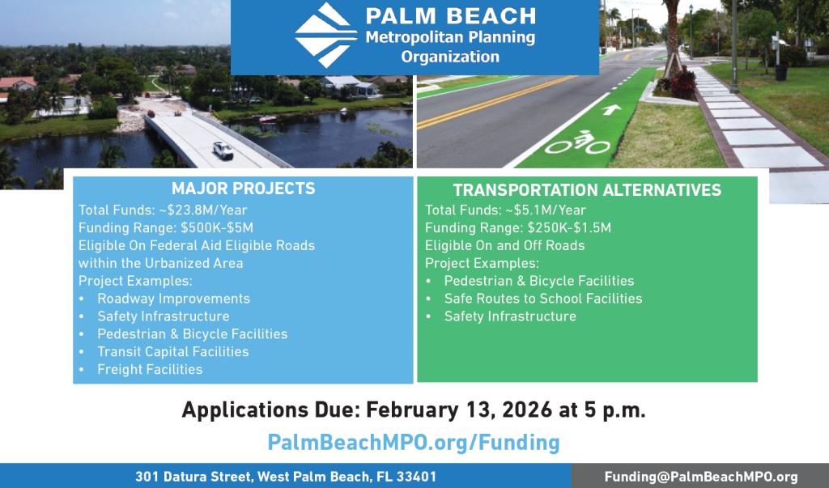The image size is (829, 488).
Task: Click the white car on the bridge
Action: [x=223, y=150]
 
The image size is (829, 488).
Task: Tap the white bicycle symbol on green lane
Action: [x=577, y=144]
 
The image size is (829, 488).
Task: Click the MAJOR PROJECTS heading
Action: [x=244, y=189]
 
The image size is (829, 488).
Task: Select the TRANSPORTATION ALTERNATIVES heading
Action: [x=587, y=191]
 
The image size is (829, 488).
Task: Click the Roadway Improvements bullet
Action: [x=173, y=299]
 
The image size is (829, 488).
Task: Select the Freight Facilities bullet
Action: [x=150, y=370]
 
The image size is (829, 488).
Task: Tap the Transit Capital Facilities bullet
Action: [x=172, y=352]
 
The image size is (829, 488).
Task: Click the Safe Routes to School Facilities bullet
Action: [x=542, y=299]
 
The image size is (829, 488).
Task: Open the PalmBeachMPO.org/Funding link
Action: [x=414, y=442]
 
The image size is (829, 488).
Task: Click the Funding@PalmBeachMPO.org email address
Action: [x=701, y=477]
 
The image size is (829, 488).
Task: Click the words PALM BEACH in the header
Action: [x=450, y=16]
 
